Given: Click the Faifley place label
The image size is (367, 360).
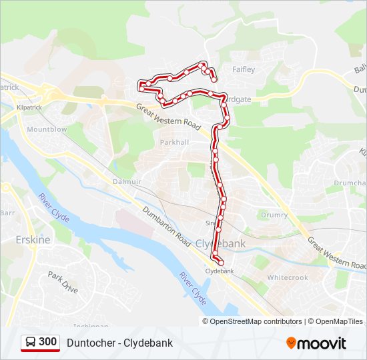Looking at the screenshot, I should pyautogui.click(x=243, y=69).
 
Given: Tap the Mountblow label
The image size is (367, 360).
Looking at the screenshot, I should pyautogui.click(x=47, y=129).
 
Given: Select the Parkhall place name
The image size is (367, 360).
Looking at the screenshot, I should pyautogui.click(x=175, y=142).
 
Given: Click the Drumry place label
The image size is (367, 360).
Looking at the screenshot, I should pyautogui.click(x=274, y=215).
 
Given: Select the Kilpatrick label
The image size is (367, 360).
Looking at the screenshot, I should pyautogui.click(x=31, y=107).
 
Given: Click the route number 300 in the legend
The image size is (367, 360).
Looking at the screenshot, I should pyautogui.click(x=47, y=342).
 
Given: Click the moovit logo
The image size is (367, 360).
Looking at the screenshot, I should pyautogui.click(x=316, y=343).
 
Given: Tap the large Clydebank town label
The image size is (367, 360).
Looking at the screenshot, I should pyautogui.click(x=220, y=243).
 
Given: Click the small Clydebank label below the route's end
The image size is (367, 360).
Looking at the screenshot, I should pyautogui.click(x=220, y=271).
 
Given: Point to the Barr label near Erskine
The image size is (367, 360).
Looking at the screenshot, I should pyautogui.click(x=8, y=213).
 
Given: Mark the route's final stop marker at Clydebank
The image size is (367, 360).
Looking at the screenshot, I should pyautogui.click(x=221, y=263).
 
